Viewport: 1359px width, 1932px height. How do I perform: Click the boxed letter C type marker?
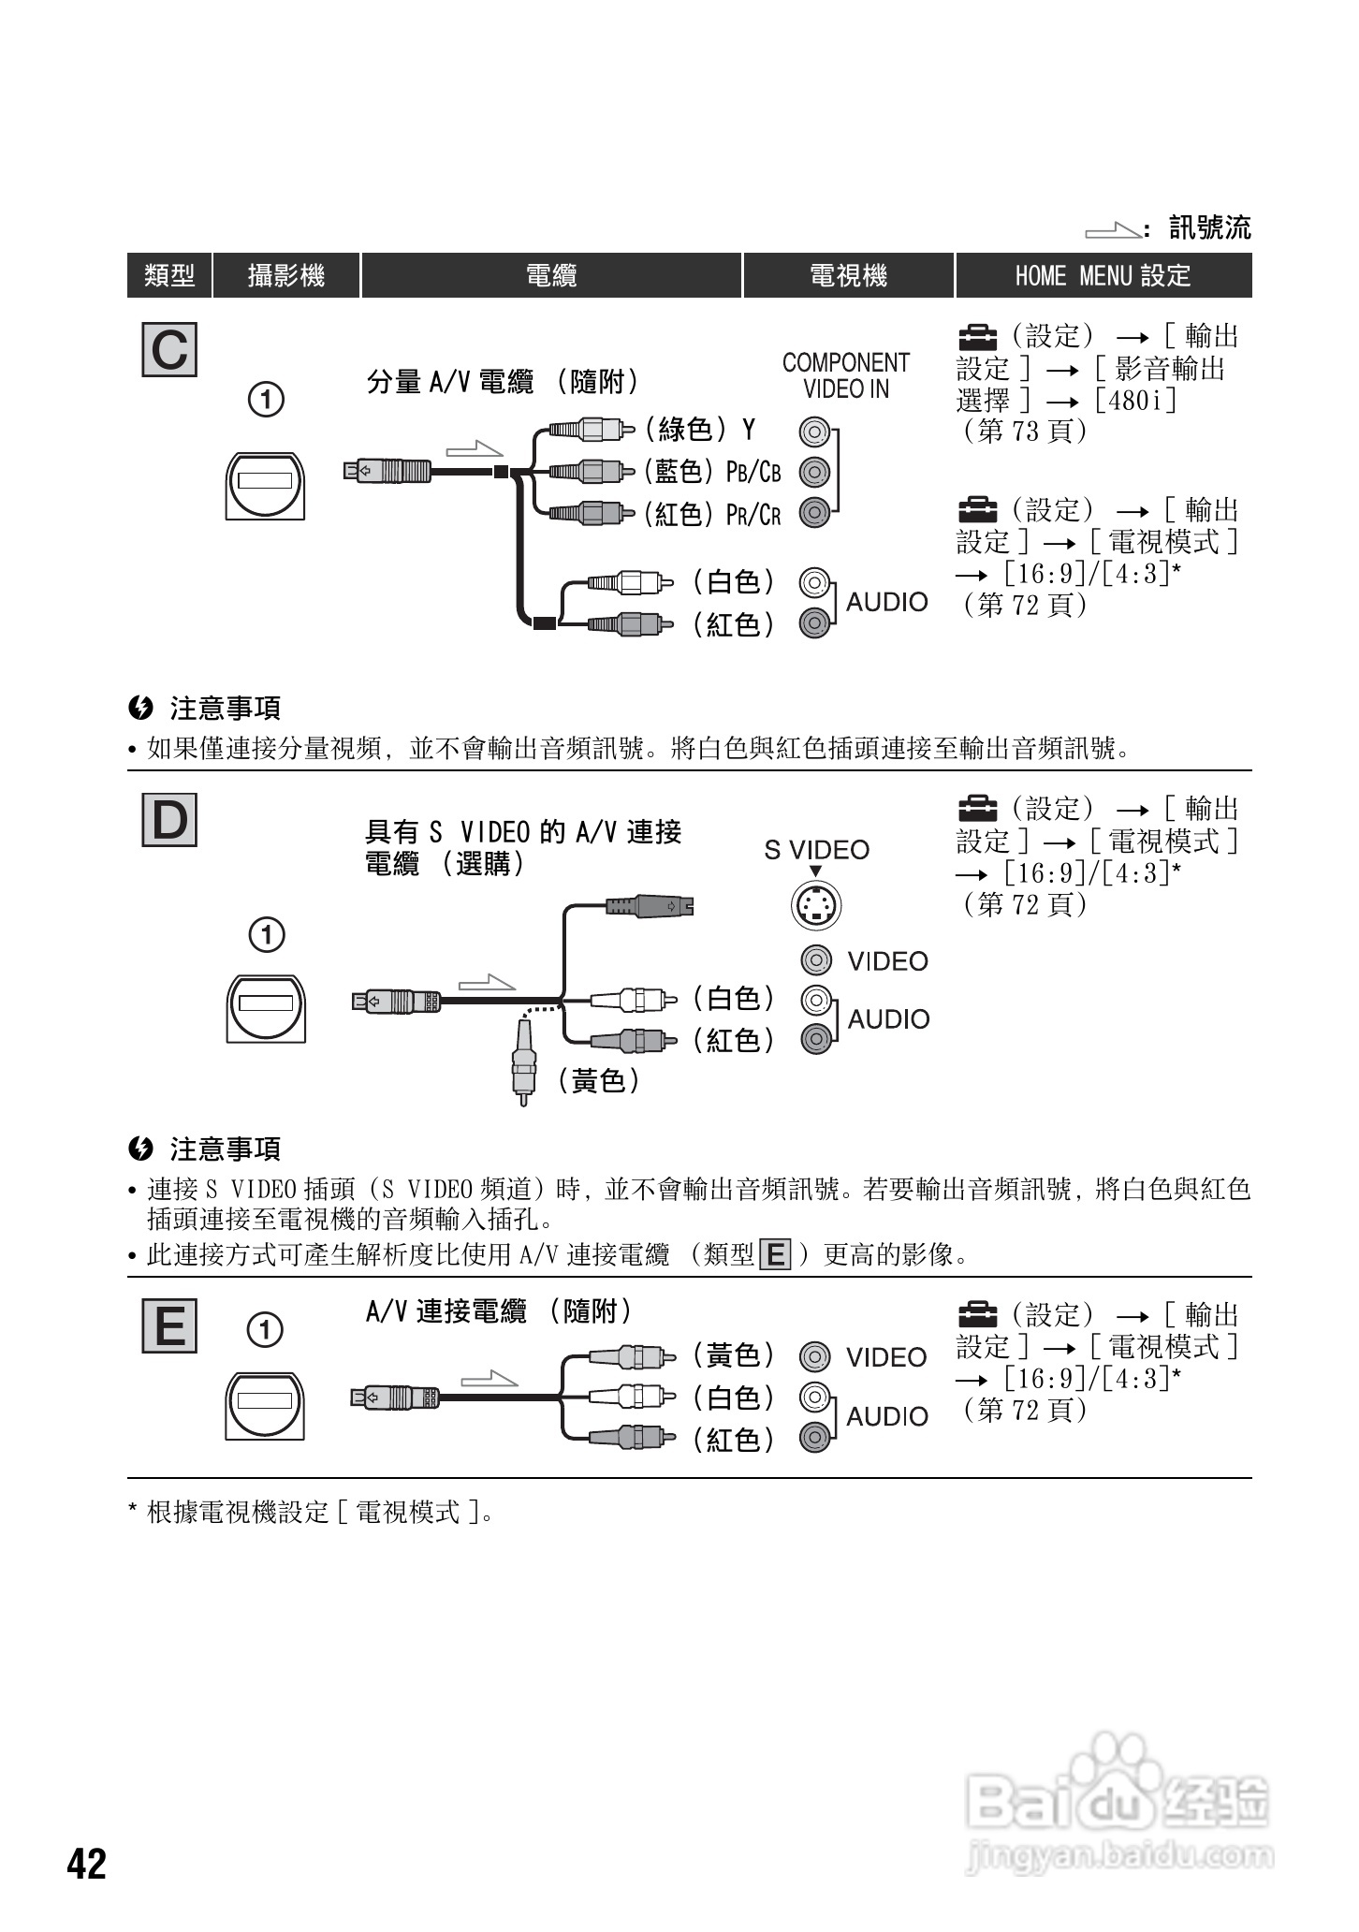pos(169,350)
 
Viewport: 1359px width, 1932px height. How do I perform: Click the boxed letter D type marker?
pos(169,820)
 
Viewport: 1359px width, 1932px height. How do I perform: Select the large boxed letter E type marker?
pos(169,1325)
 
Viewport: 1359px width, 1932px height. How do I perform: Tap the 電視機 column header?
pos(848,275)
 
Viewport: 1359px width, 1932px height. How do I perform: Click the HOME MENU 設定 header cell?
pos(1103,275)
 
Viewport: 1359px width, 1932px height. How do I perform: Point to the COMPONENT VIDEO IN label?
pos(845,375)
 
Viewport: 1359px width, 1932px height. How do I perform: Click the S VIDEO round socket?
pos(816,905)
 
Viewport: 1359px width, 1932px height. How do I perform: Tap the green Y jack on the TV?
pos(814,432)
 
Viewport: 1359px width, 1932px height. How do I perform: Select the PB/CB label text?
pos(753,472)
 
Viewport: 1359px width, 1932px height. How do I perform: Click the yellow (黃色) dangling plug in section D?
pos(524,1062)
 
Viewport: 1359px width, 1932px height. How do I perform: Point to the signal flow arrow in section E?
pos(489,1379)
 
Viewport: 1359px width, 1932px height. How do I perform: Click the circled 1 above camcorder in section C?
pos(266,400)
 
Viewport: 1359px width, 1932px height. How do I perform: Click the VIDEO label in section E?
pos(885,1357)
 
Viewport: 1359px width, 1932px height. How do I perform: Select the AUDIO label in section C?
pos(886,602)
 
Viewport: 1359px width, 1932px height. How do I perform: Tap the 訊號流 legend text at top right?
pos(1209,227)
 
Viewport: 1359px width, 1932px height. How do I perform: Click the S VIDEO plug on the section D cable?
pos(650,906)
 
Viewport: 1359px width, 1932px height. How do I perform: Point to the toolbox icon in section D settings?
pos(977,807)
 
